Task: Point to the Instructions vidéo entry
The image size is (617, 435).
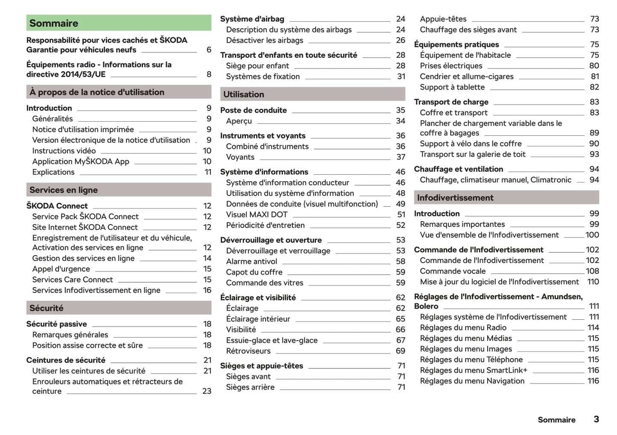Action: (x=64, y=151)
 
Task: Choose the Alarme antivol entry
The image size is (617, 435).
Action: (x=251, y=261)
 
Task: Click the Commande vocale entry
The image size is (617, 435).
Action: (x=453, y=271)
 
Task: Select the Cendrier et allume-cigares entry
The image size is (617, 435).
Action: (x=467, y=76)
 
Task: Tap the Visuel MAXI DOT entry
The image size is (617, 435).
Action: (x=257, y=214)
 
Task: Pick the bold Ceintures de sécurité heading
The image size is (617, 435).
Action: (x=66, y=360)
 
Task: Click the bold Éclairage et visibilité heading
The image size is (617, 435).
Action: (x=258, y=298)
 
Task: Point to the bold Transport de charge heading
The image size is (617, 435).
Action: (x=451, y=102)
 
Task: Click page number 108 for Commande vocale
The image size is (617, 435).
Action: (x=592, y=271)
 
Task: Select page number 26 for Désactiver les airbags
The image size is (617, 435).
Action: (x=400, y=40)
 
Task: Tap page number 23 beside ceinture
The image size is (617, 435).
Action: (x=207, y=391)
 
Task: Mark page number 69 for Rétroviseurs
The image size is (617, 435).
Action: (x=400, y=351)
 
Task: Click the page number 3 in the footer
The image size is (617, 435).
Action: (x=596, y=419)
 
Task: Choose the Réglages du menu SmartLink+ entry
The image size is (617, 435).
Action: (x=474, y=370)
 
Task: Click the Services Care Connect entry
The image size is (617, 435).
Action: (x=73, y=280)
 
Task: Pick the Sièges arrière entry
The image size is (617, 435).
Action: (x=250, y=387)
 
